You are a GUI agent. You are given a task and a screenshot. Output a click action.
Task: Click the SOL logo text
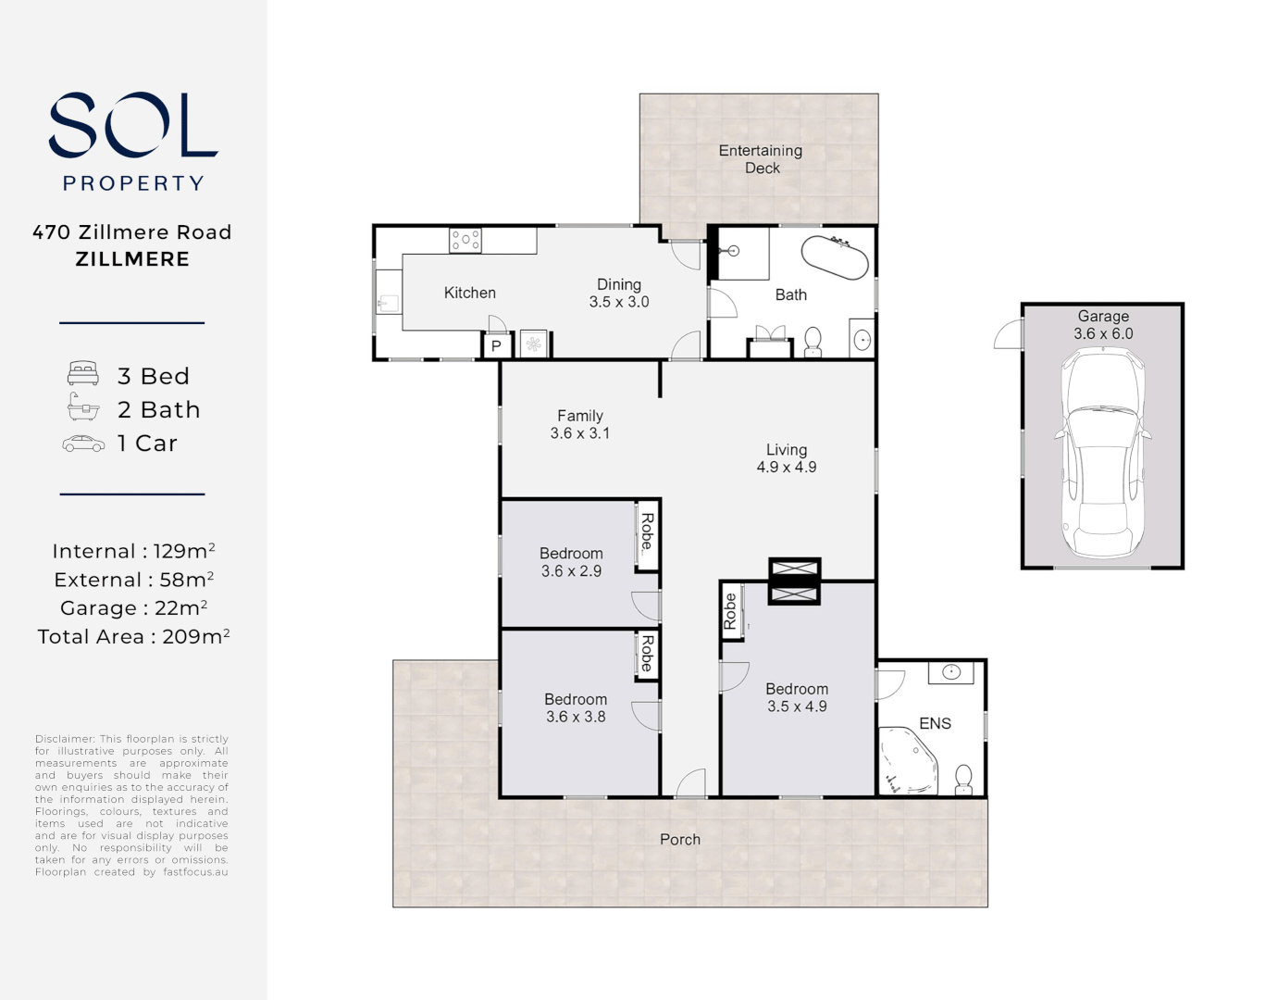pyautogui.click(x=132, y=125)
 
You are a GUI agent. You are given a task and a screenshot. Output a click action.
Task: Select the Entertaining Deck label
pyautogui.click(x=761, y=159)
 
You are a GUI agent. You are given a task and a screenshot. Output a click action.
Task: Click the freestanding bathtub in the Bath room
pyautogui.click(x=835, y=257)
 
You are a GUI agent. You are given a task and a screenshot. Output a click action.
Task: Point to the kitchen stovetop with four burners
pyautogui.click(x=465, y=241)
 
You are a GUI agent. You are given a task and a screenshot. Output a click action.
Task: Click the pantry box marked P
pyautogui.click(x=496, y=345)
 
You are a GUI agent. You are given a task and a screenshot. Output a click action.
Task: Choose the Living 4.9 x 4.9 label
pyautogui.click(x=786, y=458)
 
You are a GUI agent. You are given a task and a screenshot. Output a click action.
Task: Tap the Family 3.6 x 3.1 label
pyautogui.click(x=580, y=425)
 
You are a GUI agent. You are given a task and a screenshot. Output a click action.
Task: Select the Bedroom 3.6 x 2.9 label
pyautogui.click(x=571, y=562)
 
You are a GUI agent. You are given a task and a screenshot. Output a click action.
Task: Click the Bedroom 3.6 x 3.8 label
pyautogui.click(x=575, y=708)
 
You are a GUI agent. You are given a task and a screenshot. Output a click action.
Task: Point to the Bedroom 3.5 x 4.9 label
pyautogui.click(x=797, y=697)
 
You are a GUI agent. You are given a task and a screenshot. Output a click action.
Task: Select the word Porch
pyautogui.click(x=680, y=840)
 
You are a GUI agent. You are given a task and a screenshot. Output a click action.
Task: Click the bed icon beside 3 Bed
pyautogui.click(x=83, y=374)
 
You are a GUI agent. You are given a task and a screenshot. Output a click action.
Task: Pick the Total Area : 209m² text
pyautogui.click(x=133, y=637)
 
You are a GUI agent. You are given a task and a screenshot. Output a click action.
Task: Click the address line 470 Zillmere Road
pyautogui.click(x=132, y=232)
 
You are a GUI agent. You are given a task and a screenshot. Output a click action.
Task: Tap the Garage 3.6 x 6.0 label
pyautogui.click(x=1103, y=325)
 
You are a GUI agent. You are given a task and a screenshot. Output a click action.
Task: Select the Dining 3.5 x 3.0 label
pyautogui.click(x=619, y=294)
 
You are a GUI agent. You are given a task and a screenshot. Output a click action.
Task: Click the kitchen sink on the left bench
pyautogui.click(x=387, y=302)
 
